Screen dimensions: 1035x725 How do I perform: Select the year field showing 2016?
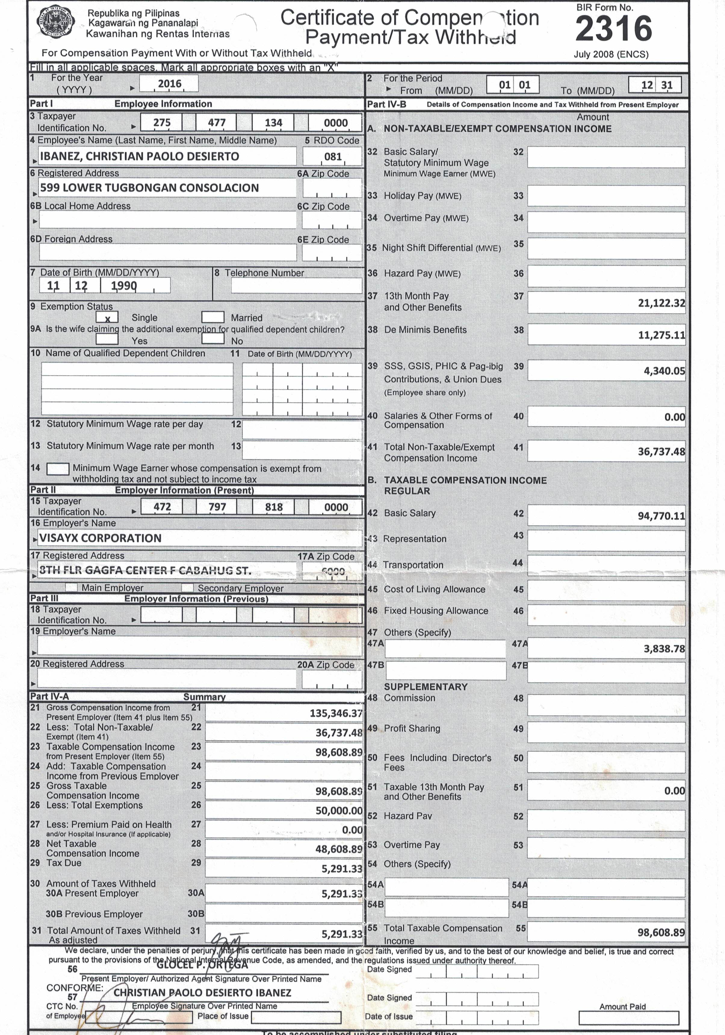(x=169, y=84)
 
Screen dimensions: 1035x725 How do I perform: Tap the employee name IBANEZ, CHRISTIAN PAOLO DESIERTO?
(x=140, y=156)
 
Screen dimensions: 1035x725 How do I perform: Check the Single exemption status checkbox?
(x=107, y=318)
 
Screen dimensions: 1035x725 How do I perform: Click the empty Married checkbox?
(x=213, y=317)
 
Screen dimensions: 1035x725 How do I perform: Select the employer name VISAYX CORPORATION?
(x=100, y=538)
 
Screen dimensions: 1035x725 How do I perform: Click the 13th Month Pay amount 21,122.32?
(x=661, y=303)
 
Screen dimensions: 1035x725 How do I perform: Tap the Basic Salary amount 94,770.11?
(x=661, y=516)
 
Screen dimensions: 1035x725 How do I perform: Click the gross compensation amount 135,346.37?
(x=336, y=713)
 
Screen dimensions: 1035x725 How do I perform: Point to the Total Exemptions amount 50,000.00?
(x=339, y=811)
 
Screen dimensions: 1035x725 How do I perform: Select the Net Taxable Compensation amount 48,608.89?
(x=339, y=849)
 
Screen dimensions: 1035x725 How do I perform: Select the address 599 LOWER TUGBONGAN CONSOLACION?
(x=150, y=188)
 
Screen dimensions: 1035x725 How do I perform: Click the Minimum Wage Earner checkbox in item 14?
(x=58, y=469)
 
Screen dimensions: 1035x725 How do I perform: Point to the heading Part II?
(x=43, y=490)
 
